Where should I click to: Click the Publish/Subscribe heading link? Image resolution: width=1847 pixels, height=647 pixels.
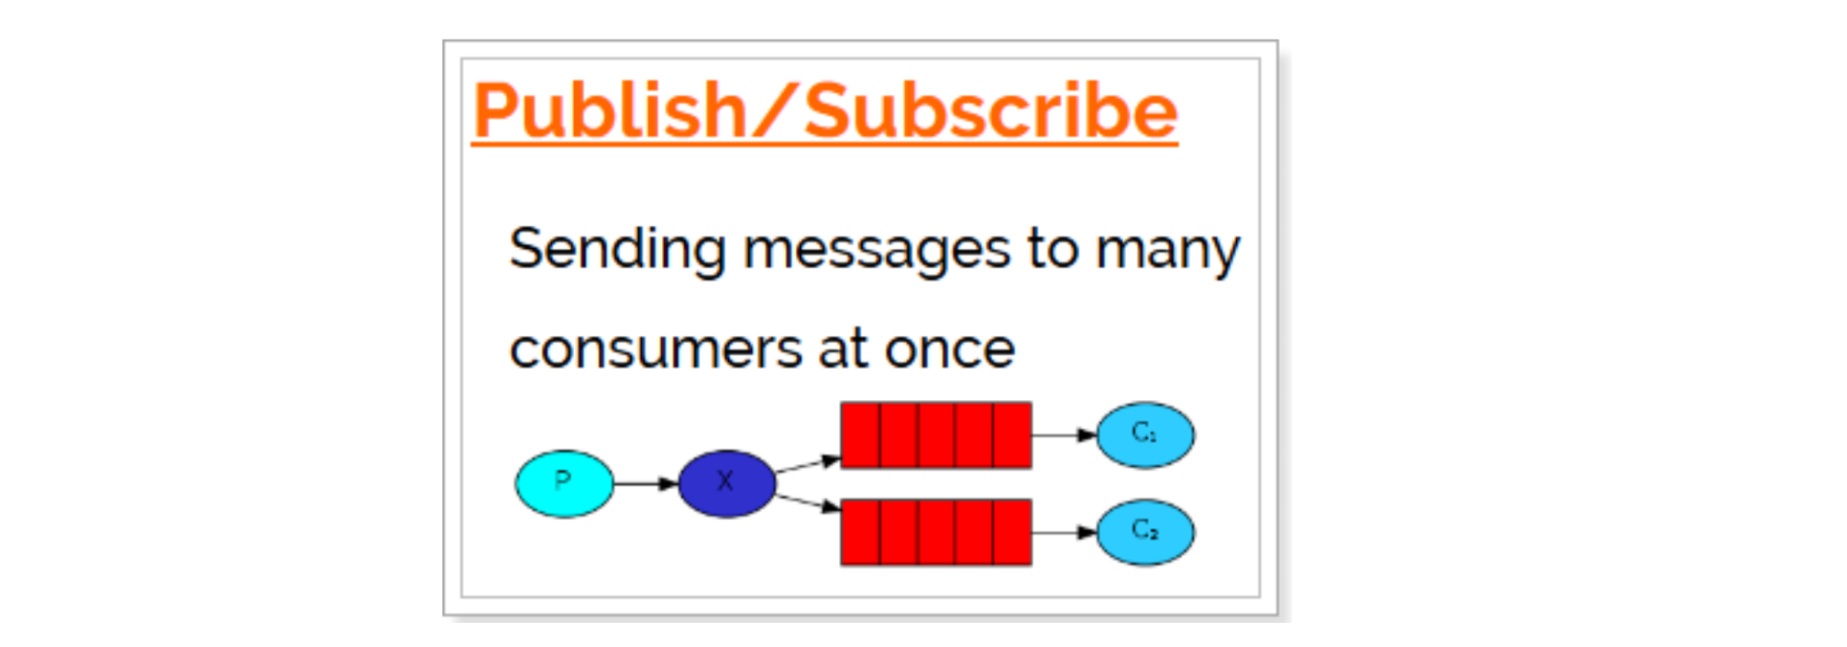(825, 110)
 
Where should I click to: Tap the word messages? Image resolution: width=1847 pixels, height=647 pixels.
(876, 250)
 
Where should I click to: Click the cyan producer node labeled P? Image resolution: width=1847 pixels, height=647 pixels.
(564, 482)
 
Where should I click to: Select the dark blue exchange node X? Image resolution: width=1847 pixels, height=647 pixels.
(726, 482)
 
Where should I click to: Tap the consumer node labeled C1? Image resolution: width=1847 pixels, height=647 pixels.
(1144, 435)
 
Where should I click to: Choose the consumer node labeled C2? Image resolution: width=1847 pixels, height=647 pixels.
(1144, 532)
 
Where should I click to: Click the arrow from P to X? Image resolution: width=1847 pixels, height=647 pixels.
(646, 482)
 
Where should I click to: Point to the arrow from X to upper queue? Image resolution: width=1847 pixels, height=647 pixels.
(807, 464)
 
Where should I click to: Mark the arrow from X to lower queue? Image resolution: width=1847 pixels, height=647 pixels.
(807, 502)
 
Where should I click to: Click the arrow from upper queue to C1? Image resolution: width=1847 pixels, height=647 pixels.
(1063, 435)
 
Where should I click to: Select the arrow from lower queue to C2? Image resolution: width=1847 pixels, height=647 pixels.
(1063, 532)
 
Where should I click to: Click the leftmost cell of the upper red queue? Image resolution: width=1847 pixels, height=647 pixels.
(861, 435)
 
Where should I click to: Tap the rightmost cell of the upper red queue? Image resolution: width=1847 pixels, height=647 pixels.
(1012, 435)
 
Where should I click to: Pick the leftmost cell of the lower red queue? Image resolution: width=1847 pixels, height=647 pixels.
(861, 532)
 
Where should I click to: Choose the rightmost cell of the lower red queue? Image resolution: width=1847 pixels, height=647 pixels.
(1012, 532)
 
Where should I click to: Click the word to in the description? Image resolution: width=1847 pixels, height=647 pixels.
(1052, 249)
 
